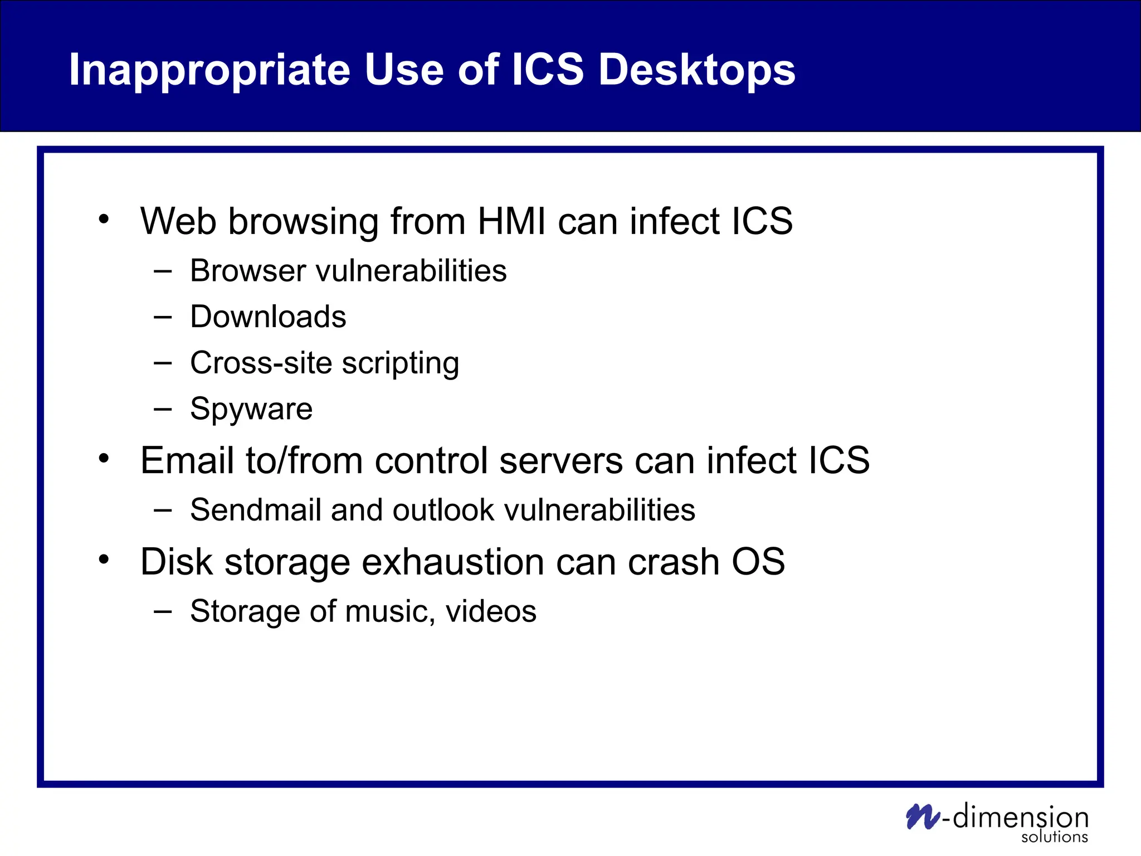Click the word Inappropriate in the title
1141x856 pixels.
coord(209,71)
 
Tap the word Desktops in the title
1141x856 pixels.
coord(696,71)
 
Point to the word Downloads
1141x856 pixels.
coord(268,317)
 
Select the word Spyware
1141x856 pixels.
coord(251,410)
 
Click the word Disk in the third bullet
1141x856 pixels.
coord(176,562)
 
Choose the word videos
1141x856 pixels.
coord(491,611)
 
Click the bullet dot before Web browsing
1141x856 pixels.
coord(104,219)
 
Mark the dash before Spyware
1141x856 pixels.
coord(163,410)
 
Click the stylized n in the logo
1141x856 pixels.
coord(923,817)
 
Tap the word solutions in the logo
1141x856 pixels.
coord(1054,837)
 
